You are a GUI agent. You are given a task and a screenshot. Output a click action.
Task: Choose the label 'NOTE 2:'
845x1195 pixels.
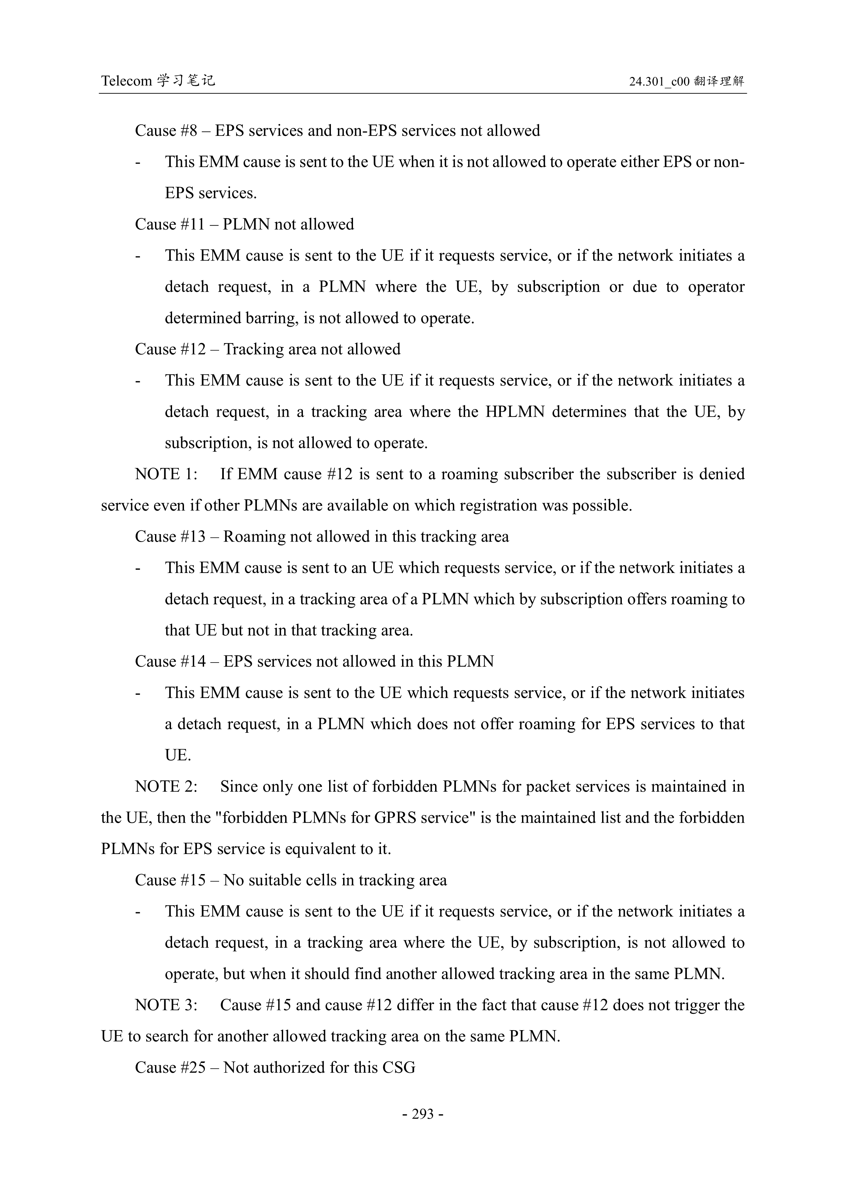point(166,787)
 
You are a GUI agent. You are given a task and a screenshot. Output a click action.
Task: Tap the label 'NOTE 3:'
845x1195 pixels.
point(166,1005)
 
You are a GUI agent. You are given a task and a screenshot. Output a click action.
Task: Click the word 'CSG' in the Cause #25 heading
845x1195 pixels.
point(399,1068)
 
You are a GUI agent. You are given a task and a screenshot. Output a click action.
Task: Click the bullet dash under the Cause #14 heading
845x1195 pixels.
point(138,693)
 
